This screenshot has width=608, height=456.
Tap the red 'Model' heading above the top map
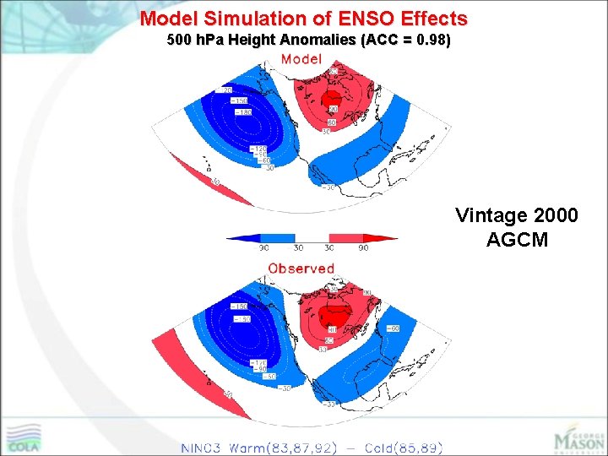point(301,58)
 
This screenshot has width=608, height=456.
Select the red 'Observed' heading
point(301,268)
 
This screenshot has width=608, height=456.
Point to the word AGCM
point(517,240)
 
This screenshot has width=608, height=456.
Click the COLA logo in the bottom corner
point(25,437)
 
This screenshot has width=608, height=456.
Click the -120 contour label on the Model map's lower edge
point(256,149)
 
